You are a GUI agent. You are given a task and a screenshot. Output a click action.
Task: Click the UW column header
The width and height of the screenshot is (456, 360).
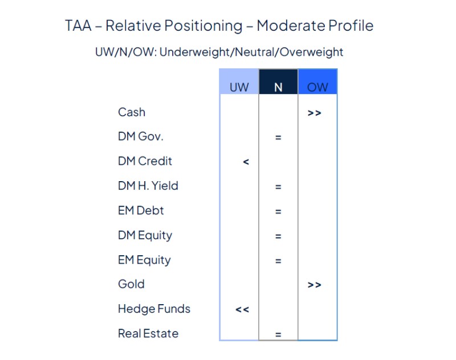[239, 87]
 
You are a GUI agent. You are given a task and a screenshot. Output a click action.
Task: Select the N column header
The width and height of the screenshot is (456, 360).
[278, 87]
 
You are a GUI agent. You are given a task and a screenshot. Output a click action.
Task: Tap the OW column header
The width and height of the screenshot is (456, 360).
[317, 87]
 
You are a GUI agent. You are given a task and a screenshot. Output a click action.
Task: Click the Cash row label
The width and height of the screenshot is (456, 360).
[132, 112]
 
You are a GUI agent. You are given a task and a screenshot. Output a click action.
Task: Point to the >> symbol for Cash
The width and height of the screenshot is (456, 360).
[314, 113]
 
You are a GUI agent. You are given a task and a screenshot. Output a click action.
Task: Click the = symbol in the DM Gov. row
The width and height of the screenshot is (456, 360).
[278, 137]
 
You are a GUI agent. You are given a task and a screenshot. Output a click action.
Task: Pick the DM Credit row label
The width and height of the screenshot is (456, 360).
[145, 161]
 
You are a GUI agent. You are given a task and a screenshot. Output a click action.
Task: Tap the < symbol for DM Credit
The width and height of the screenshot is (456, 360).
[246, 162]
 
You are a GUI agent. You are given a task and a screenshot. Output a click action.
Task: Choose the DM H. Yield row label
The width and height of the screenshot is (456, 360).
[148, 186]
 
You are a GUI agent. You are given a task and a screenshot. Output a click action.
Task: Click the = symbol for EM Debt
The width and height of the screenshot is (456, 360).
[278, 211]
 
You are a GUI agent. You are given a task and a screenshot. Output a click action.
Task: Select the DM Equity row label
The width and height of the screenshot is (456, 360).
[145, 235]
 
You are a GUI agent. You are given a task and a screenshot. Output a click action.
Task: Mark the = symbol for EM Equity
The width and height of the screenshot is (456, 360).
[278, 261]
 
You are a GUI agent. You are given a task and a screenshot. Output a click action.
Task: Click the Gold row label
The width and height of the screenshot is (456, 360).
[131, 284]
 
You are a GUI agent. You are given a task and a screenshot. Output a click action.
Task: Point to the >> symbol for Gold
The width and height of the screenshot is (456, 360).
[314, 285]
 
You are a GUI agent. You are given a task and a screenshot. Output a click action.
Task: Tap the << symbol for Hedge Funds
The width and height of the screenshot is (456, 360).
[242, 310]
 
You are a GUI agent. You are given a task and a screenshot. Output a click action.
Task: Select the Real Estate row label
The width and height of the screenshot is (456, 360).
[148, 333]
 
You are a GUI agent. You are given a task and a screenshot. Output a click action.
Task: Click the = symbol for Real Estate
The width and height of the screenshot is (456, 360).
[278, 334]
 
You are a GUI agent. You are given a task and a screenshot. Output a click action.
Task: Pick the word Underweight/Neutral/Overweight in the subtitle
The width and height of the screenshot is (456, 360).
[251, 52]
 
